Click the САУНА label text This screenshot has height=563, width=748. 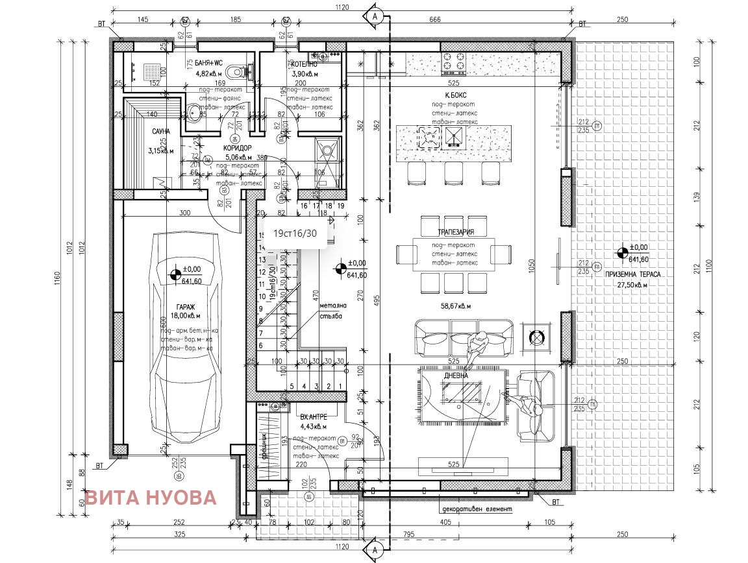click(x=161, y=132)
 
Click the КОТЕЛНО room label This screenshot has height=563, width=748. click(x=303, y=65)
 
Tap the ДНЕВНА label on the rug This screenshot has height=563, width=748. click(x=456, y=375)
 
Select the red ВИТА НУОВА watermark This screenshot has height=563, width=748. click(x=151, y=497)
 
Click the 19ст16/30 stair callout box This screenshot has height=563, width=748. click(x=295, y=234)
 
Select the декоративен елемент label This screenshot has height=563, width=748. click(x=475, y=509)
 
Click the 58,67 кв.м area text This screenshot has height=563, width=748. click(x=455, y=305)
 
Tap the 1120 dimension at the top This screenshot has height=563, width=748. click(x=343, y=7)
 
